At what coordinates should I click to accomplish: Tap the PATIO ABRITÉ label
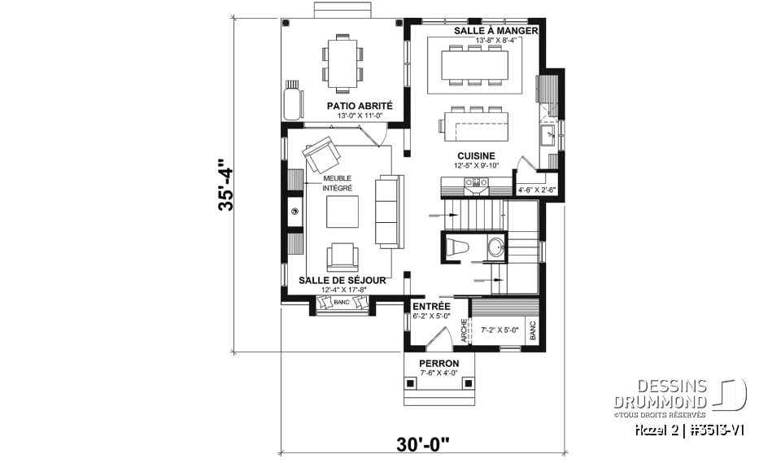click(x=360, y=106)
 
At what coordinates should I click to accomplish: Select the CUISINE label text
click(x=476, y=156)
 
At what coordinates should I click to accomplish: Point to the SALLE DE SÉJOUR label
click(x=341, y=280)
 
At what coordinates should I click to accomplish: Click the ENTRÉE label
click(x=431, y=306)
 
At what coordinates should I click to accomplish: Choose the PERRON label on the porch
click(x=438, y=363)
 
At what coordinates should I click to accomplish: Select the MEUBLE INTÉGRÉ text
click(x=338, y=183)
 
